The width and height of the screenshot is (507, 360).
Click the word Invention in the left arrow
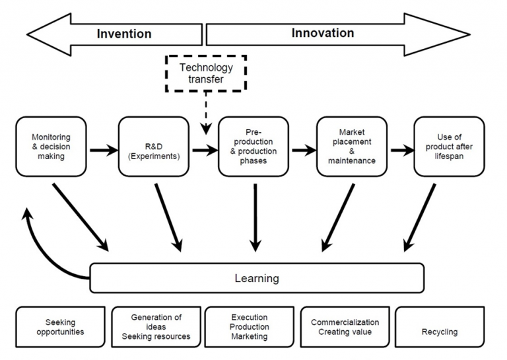coord(124,34)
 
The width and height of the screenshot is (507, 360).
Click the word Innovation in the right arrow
coord(323,33)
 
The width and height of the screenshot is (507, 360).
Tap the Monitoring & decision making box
coord(51,147)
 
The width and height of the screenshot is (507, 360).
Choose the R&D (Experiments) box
coord(154,147)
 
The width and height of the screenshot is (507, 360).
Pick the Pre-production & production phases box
coord(253,147)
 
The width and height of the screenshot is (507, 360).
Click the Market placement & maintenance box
coord(352,147)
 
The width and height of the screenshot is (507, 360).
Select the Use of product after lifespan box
coord(449,147)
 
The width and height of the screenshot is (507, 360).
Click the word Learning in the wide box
coord(257,278)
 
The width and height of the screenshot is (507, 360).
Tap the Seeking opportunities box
coord(61,327)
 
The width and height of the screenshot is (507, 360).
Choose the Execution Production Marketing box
coord(250,327)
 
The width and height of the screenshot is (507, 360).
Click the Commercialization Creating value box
coord(345,327)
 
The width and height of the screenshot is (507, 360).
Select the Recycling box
coord(440,327)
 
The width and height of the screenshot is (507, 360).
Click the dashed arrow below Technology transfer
coord(206,113)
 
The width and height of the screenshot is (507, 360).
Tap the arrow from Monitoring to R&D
coord(104,150)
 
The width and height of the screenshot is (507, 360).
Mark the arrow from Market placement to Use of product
coord(403,150)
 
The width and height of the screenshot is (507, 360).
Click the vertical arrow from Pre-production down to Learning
coord(255,218)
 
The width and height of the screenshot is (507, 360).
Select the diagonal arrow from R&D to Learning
coord(168,218)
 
